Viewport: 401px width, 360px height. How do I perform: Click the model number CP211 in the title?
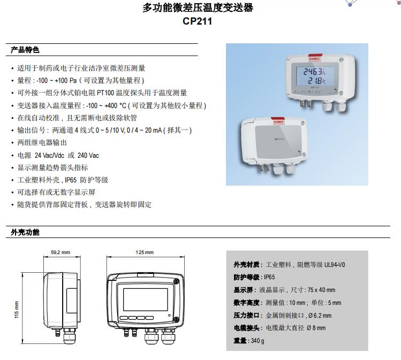[x=197, y=21]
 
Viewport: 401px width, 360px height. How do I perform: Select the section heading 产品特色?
[x=25, y=50]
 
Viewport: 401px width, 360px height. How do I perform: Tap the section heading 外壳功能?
[x=25, y=232]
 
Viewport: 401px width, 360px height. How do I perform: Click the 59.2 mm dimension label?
[x=60, y=252]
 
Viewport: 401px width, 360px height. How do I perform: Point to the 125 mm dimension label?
[x=145, y=252]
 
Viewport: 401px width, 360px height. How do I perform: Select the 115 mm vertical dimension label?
[x=17, y=310]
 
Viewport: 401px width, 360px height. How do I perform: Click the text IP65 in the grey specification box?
[x=269, y=277]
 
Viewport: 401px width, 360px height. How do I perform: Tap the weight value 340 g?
[x=258, y=341]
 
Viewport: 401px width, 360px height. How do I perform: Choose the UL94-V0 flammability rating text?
[x=335, y=265]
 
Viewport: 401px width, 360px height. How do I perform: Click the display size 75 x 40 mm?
[x=321, y=290]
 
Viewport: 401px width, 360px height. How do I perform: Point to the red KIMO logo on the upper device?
[x=315, y=58]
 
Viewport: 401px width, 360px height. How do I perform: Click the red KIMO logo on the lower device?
[x=278, y=121]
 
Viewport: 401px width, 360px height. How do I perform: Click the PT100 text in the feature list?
[x=105, y=93]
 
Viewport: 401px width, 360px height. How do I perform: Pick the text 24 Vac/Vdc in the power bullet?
[x=49, y=155]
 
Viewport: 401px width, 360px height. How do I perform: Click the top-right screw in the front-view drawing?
[x=176, y=281]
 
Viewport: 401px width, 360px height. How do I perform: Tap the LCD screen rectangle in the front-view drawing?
[x=146, y=300]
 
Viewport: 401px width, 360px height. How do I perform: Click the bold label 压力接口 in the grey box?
[x=246, y=315]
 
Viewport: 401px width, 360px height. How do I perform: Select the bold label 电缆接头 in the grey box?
[x=246, y=328]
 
